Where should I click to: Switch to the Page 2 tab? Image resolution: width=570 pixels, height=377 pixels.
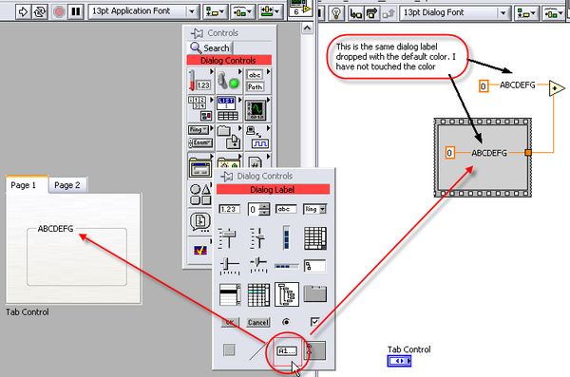[66, 185]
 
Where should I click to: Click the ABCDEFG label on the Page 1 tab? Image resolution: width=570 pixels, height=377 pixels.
[56, 229]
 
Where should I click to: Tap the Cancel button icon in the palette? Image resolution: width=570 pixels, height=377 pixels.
[257, 323]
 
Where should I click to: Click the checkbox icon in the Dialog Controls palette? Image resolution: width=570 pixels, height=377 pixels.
[314, 323]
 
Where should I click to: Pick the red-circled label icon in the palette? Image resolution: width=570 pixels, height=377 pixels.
[286, 350]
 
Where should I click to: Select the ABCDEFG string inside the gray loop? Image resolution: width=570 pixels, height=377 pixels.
[491, 152]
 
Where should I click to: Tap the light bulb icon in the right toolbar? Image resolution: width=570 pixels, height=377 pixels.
[334, 12]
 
